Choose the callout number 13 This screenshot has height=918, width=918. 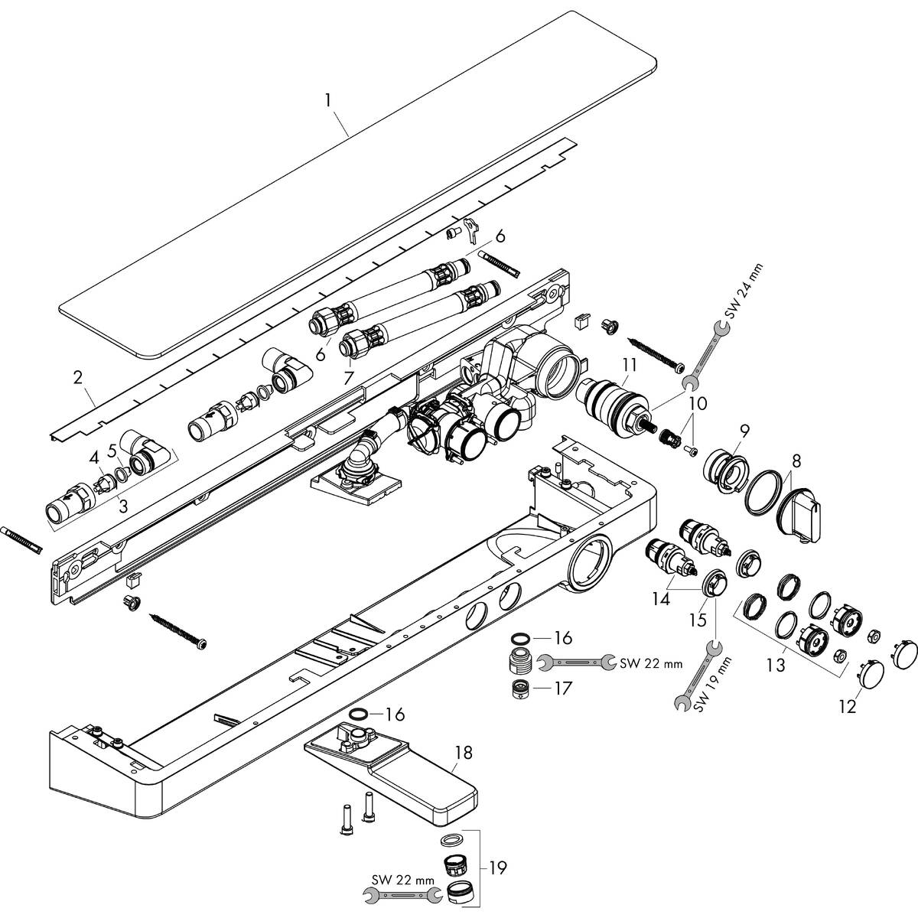pyautogui.click(x=776, y=665)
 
